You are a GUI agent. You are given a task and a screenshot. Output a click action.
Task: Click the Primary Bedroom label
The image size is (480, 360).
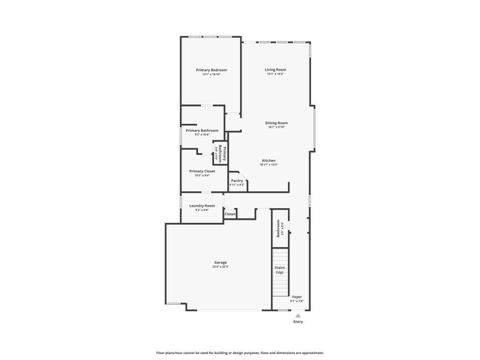[x=211, y=70]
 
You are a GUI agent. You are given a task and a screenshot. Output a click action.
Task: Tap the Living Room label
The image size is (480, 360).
[x=275, y=70]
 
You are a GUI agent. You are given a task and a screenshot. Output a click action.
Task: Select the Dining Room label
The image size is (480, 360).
[x=277, y=122]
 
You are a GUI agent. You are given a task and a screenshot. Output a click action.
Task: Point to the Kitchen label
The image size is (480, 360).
[x=269, y=161]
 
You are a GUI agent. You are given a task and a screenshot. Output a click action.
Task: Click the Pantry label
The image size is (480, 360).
[x=237, y=180]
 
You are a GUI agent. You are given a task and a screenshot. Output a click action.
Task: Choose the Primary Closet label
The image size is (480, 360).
[x=202, y=171]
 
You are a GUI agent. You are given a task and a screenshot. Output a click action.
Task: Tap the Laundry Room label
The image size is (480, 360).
[x=202, y=206]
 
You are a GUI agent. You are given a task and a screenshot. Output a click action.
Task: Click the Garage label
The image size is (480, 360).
[x=221, y=262]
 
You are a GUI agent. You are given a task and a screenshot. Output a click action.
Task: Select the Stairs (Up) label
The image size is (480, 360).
[x=280, y=270]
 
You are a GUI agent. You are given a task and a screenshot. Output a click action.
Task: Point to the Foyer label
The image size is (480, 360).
[x=297, y=297]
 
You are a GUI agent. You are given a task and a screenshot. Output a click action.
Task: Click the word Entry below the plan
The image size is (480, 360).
[x=298, y=322]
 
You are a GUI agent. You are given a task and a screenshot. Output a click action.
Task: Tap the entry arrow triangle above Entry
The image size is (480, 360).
[x=298, y=314]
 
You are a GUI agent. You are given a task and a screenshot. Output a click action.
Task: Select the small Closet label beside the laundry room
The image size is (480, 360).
[x=230, y=214]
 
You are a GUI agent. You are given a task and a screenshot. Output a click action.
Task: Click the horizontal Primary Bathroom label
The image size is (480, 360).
[x=202, y=131]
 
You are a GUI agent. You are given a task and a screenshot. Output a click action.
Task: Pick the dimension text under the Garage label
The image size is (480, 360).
[x=221, y=266]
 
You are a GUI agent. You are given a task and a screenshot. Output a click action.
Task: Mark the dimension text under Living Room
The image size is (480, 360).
[x=275, y=75]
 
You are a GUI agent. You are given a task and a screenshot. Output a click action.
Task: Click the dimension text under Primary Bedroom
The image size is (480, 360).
[x=211, y=75]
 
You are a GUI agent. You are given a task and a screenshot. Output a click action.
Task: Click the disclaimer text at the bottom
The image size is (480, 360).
[x=239, y=353]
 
